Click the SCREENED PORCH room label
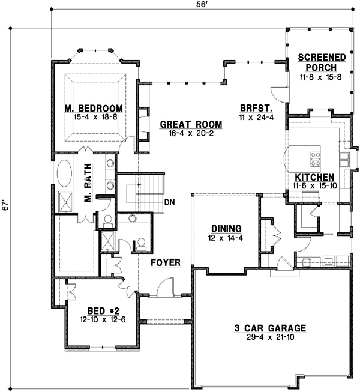coord(322,62)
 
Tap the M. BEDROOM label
coord(94,108)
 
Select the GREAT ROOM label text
coord(191,125)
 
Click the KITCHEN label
coord(314,178)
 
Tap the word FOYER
coord(161,262)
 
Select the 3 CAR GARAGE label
coord(270,328)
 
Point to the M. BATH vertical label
coord(88,188)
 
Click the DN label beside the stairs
coord(169,202)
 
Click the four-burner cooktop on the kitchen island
coord(316,159)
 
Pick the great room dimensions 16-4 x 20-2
coord(191,134)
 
